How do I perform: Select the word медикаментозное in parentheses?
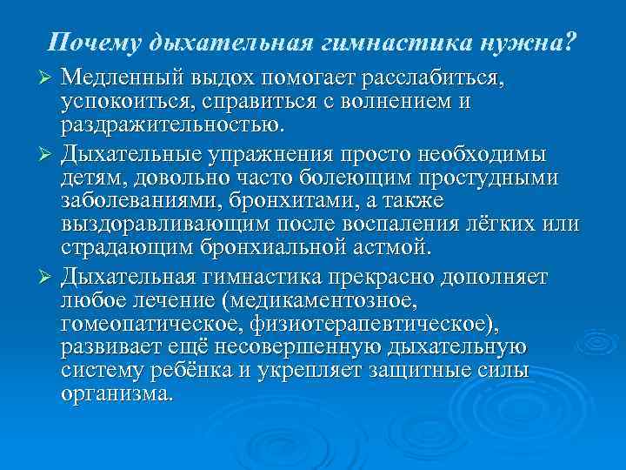tap(319, 301)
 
